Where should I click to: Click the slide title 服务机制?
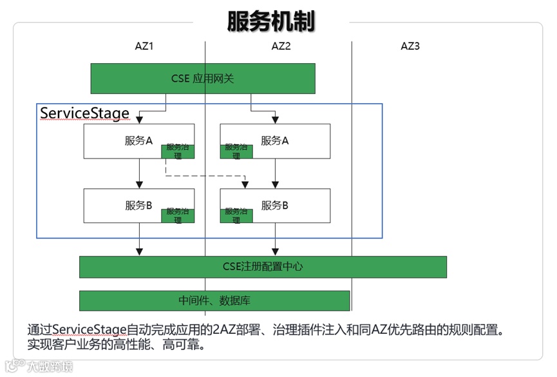(x=271, y=21)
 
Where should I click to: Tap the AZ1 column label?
(x=144, y=46)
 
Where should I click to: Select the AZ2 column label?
(x=281, y=46)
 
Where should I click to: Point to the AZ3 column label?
(x=410, y=46)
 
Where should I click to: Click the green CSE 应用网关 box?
(x=202, y=78)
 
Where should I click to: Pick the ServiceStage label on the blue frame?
(x=84, y=113)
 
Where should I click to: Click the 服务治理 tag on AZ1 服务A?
(x=178, y=151)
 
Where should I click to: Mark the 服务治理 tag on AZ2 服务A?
(x=236, y=151)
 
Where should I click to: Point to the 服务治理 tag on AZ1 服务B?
(x=178, y=215)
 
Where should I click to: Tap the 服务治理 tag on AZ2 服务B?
(x=236, y=215)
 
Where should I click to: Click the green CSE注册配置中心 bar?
(x=263, y=267)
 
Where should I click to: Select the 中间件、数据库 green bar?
(x=214, y=300)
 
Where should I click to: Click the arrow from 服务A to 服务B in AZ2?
(x=276, y=173)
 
